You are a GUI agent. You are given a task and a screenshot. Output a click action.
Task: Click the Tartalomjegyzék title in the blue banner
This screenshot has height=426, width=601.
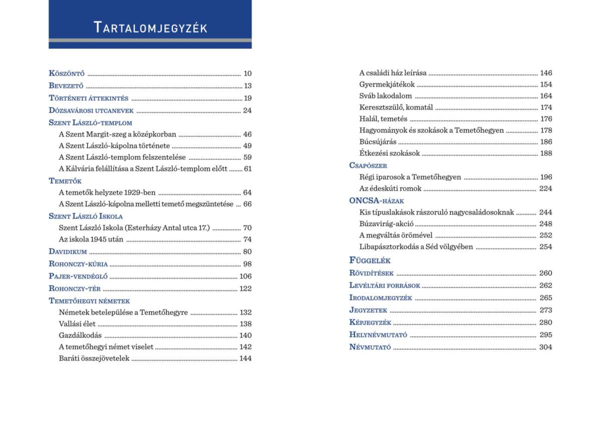150,27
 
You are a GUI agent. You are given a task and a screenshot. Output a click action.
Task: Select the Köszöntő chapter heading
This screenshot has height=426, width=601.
67,73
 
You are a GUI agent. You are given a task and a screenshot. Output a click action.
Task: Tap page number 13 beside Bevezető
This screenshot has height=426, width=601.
247,86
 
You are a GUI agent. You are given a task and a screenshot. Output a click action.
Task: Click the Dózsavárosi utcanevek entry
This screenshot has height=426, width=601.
91,111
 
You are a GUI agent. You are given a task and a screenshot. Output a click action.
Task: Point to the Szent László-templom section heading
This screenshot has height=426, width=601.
90,123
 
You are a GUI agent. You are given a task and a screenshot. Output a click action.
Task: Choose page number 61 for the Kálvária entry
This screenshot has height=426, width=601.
247,169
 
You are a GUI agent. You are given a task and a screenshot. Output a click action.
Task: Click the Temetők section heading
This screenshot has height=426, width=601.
65,181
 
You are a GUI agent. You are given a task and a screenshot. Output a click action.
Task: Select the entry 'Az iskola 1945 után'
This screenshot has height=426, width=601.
91,239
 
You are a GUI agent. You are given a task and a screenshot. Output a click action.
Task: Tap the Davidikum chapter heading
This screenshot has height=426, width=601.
68,252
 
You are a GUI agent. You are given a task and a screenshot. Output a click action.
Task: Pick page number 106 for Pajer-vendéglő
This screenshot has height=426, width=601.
245,276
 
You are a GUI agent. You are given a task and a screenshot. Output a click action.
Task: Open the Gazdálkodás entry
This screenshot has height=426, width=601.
80,335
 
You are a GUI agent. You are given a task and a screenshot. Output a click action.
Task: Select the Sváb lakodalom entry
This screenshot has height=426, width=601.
386,96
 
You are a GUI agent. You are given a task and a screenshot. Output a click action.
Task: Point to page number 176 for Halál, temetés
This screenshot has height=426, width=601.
546,119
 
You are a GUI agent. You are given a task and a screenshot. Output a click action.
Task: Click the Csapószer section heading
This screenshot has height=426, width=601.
368,165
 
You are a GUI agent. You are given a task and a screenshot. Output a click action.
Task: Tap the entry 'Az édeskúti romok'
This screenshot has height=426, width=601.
390,189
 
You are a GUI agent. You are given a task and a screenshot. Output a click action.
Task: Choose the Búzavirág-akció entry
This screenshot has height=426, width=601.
386,224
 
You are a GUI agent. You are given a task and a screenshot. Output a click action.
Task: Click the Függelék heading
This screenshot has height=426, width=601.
370,260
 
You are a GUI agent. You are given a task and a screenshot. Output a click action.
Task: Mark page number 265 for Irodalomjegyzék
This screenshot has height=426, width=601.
546,298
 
